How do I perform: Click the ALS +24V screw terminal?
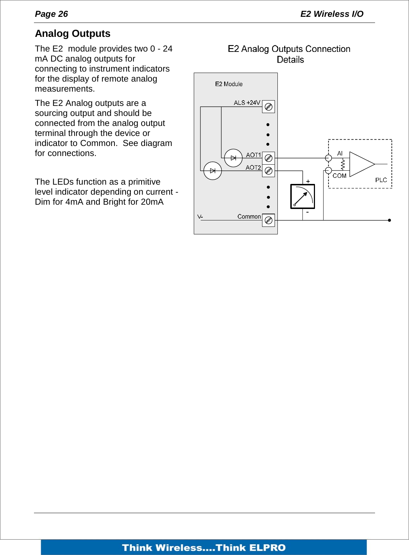268,107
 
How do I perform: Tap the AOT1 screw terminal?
268,158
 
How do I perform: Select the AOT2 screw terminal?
268,171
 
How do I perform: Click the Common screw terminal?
268,220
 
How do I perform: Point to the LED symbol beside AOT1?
233,158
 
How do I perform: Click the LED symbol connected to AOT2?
213,171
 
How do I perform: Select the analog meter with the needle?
302,196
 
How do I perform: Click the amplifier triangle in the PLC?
361,164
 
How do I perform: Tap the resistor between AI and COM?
343,164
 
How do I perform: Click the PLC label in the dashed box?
381,180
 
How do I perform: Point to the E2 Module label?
229,84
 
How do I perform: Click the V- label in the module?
200,216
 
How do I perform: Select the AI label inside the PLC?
340,154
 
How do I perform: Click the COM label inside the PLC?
339,176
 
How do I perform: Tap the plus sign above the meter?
308,181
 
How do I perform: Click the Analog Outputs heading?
73,34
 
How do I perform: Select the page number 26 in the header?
63,14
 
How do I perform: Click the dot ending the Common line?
389,220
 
